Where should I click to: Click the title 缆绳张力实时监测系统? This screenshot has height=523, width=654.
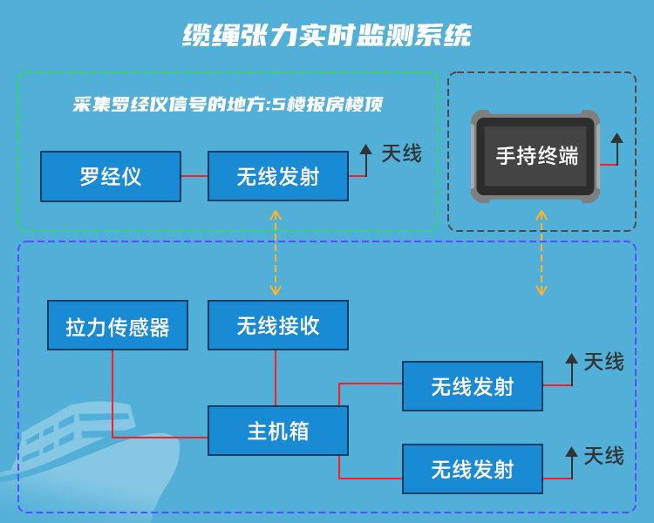pos(327,36)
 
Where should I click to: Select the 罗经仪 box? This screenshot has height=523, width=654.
pos(111,177)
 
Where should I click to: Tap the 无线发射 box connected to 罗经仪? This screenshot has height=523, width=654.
pos(278,177)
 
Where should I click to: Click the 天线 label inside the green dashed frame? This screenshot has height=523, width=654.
pos(401,154)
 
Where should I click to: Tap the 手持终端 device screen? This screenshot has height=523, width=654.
pos(536,156)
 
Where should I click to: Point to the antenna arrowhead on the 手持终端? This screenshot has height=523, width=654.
pos(617,138)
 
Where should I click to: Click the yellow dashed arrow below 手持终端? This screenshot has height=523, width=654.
pos(542,253)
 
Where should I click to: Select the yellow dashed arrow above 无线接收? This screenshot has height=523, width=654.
pos(276,253)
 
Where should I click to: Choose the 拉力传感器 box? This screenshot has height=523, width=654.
pos(118,326)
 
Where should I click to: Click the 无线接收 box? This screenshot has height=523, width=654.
pos(278,326)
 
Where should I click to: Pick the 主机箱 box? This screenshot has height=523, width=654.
pos(278,431)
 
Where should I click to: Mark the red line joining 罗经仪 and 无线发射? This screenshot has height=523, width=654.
pos(194,177)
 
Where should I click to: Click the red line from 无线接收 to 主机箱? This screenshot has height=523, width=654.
pos(276,377)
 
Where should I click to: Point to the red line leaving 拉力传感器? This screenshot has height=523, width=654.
pos(112,392)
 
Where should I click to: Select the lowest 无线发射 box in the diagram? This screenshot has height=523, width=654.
pos(473,470)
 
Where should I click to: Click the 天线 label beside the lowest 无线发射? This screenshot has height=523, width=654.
pos(603,456)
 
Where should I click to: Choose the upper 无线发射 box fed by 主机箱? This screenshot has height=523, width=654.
pos(473,386)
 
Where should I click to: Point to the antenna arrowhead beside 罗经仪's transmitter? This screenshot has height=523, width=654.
pos(365,149)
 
